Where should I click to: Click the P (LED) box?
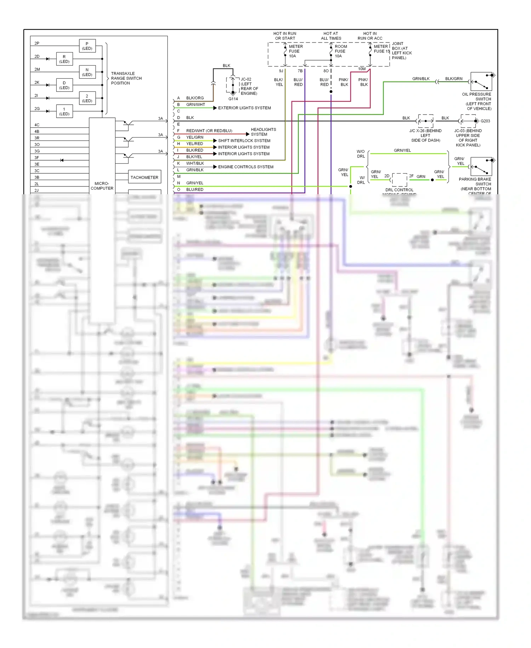[x=87, y=46]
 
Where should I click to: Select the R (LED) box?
[x=64, y=59]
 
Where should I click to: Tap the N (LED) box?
[x=87, y=72]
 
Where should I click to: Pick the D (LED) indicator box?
[x=64, y=85]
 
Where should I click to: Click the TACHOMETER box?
[x=144, y=177]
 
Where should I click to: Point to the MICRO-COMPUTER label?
[x=102, y=186]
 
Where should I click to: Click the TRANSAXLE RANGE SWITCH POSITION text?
[x=126, y=78]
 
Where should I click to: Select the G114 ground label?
[x=233, y=99]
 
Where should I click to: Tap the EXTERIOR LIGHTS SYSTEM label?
[x=244, y=108]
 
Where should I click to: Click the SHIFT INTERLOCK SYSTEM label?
[x=244, y=141]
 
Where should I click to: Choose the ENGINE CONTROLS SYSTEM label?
[x=245, y=167]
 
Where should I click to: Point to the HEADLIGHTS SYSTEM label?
[x=263, y=132]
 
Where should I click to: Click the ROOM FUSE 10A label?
[x=341, y=51]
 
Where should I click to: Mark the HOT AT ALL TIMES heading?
[x=331, y=36]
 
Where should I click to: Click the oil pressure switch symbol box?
[x=481, y=82]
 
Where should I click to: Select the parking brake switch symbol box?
[x=481, y=166]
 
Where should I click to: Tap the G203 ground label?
[x=485, y=121]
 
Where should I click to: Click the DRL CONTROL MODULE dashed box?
[x=399, y=180]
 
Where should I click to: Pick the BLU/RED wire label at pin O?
[x=195, y=190]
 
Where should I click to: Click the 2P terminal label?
[x=37, y=43]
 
